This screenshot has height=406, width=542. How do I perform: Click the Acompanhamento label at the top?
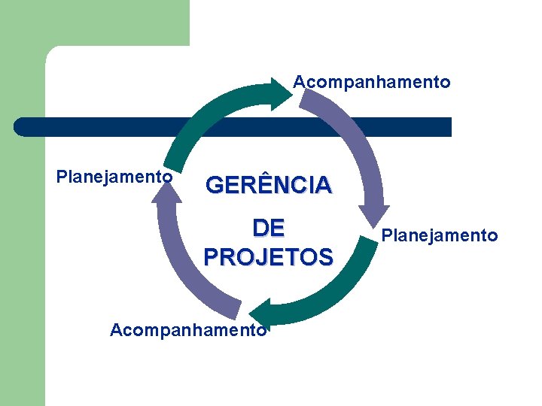[x=372, y=82]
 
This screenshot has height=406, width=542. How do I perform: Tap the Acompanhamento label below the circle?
[x=188, y=330]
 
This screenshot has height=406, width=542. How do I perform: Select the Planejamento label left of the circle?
[x=114, y=177]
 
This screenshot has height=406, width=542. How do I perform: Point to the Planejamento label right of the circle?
[x=440, y=236]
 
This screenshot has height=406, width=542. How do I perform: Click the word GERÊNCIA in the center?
[x=268, y=185]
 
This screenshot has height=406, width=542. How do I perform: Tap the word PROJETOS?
[x=268, y=257]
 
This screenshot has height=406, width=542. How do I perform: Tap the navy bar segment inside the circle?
[x=263, y=126]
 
